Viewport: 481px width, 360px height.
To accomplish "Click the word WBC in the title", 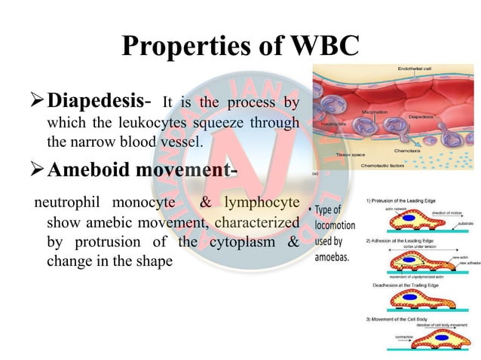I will (311, 47).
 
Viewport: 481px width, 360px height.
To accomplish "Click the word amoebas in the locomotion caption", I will (333, 256).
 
